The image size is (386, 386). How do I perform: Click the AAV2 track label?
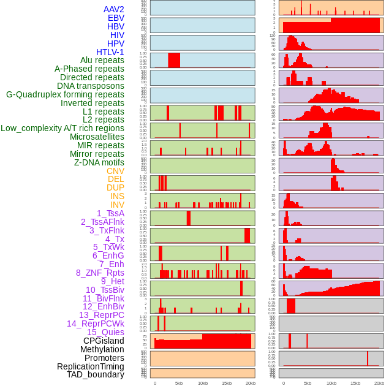[x=114, y=9]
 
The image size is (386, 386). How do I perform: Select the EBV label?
[x=116, y=18]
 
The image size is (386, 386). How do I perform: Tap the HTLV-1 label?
[x=110, y=52]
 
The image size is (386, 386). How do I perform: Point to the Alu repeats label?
[x=102, y=60]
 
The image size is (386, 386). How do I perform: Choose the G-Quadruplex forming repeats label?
[x=65, y=94]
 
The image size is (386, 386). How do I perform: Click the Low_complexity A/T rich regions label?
[x=62, y=128]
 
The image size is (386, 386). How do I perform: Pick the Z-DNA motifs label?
[x=99, y=162]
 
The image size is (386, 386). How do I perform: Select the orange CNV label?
[x=115, y=171]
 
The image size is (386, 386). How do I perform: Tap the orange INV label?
[x=117, y=205]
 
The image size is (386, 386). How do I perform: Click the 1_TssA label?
[x=110, y=213]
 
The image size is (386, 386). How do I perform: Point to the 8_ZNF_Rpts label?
[x=100, y=273]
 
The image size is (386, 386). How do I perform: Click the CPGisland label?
[x=104, y=341]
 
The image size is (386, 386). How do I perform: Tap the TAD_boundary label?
[x=95, y=374]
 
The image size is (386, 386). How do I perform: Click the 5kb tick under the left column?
[x=179, y=383]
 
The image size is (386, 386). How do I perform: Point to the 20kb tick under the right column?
[x=379, y=383]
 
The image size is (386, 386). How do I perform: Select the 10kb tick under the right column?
[x=331, y=383]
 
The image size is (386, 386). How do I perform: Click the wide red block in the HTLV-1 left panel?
[x=174, y=60]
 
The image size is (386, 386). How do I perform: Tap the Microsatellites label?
[x=97, y=137]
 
